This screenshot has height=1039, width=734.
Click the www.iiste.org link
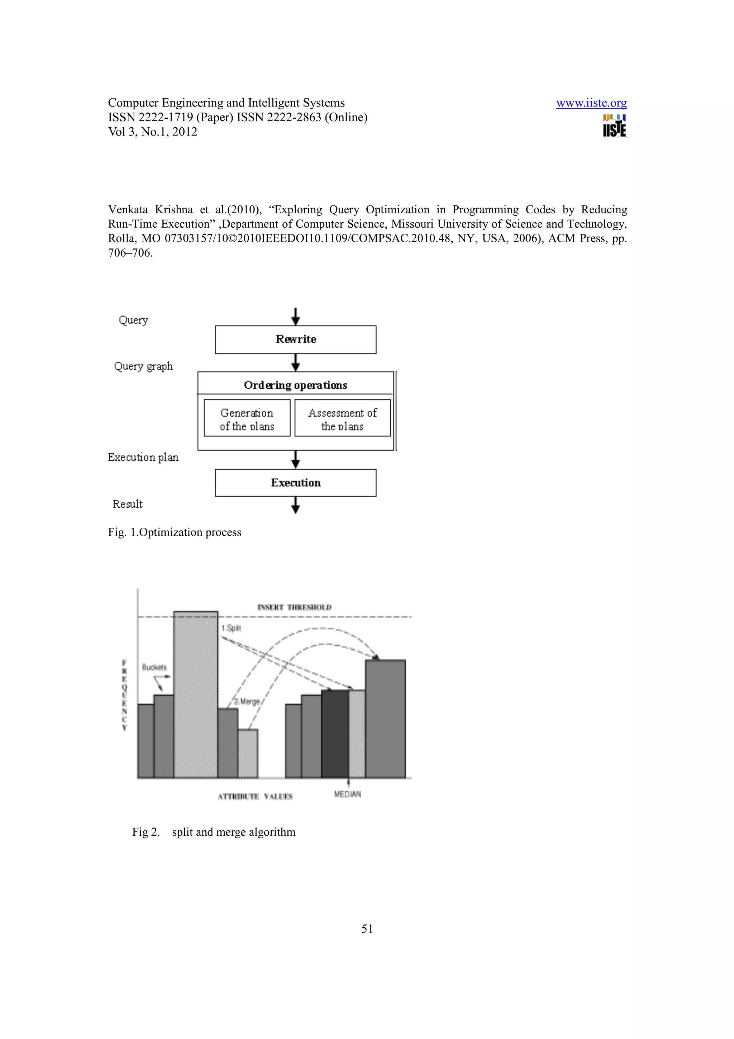pyautogui.click(x=591, y=103)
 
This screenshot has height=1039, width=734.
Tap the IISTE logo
pyautogui.click(x=614, y=126)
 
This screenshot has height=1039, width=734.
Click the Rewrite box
pyautogui.click(x=295, y=340)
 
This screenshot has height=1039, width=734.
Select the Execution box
pyautogui.click(x=295, y=483)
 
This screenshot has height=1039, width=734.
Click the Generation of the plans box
pyautogui.click(x=247, y=419)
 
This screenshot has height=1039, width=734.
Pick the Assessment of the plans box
pyautogui.click(x=342, y=419)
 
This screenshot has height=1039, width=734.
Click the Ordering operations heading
pyautogui.click(x=295, y=385)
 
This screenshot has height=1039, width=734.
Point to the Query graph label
pyautogui.click(x=143, y=366)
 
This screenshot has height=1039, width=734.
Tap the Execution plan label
pyautogui.click(x=143, y=457)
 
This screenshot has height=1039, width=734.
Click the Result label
pyautogui.click(x=128, y=504)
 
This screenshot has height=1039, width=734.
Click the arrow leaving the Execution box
pyautogui.click(x=295, y=505)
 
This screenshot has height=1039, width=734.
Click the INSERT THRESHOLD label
pyautogui.click(x=294, y=607)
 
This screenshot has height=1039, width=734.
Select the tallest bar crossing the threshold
pyautogui.click(x=195, y=694)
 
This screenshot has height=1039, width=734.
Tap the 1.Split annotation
pyautogui.click(x=231, y=628)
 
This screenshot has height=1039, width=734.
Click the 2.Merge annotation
pyautogui.click(x=247, y=702)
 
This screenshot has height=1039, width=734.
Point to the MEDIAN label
pyautogui.click(x=347, y=794)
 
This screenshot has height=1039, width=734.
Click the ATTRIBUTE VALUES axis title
pyautogui.click(x=255, y=796)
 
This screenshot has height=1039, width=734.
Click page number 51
pyautogui.click(x=367, y=929)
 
